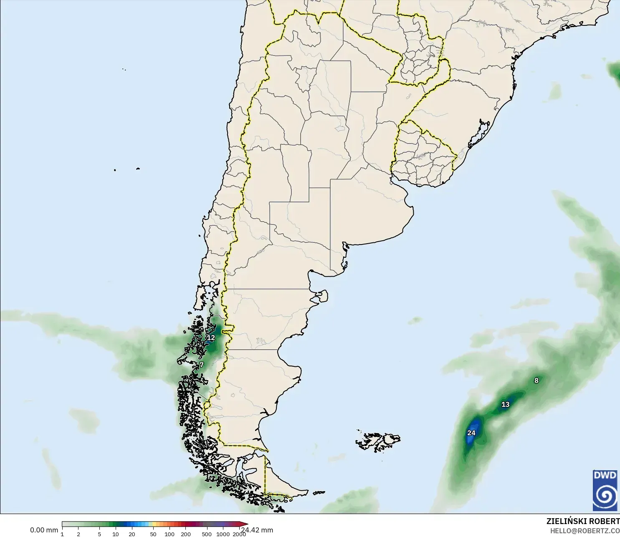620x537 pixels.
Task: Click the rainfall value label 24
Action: (x=471, y=433)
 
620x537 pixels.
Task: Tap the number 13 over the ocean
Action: (x=505, y=404)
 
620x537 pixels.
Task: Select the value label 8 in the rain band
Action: (x=536, y=380)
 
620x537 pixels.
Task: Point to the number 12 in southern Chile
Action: (x=211, y=338)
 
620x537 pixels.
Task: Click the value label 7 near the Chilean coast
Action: (x=201, y=365)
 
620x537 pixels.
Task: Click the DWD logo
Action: (x=605, y=490)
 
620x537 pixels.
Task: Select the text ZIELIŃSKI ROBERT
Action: (x=583, y=521)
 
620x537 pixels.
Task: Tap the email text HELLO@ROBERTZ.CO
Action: (x=585, y=531)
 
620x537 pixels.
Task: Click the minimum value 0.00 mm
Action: (x=44, y=530)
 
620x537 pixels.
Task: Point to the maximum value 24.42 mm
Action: (x=257, y=530)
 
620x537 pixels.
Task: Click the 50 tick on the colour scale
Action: (x=153, y=534)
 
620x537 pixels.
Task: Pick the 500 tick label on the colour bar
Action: (x=206, y=534)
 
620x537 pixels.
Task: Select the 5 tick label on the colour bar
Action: (x=99, y=534)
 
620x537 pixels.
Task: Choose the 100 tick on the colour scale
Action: (x=170, y=534)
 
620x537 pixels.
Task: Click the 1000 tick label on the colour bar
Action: (x=223, y=534)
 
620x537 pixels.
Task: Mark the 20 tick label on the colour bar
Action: (x=132, y=534)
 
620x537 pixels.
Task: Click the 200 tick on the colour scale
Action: (x=186, y=534)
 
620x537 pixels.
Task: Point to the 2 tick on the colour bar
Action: (x=78, y=534)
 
